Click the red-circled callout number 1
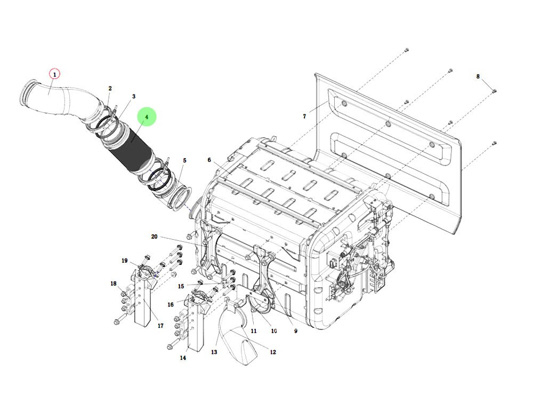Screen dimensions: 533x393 coord(54,74)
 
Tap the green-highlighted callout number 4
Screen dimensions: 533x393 coord(147,117)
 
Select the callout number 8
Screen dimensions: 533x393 coord(478,76)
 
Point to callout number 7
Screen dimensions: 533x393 coord(304,116)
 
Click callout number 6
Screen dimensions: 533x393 coord(209,160)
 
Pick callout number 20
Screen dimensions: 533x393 coord(155,237)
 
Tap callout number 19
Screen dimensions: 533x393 coord(124,261)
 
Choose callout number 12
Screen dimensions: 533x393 coord(273,352)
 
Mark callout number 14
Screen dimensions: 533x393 coord(183,358)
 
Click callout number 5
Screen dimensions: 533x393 coord(184,160)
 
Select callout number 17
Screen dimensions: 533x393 coord(160,326)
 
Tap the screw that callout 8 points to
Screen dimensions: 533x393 coord(495,91)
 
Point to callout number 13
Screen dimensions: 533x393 coord(214,352)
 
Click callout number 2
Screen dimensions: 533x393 coord(110,88)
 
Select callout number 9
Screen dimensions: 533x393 coord(295,331)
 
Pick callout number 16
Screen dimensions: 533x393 coord(171,304)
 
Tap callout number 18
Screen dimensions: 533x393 coord(113,284)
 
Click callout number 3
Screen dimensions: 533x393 coord(134,96)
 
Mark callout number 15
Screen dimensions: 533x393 coord(181,286)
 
